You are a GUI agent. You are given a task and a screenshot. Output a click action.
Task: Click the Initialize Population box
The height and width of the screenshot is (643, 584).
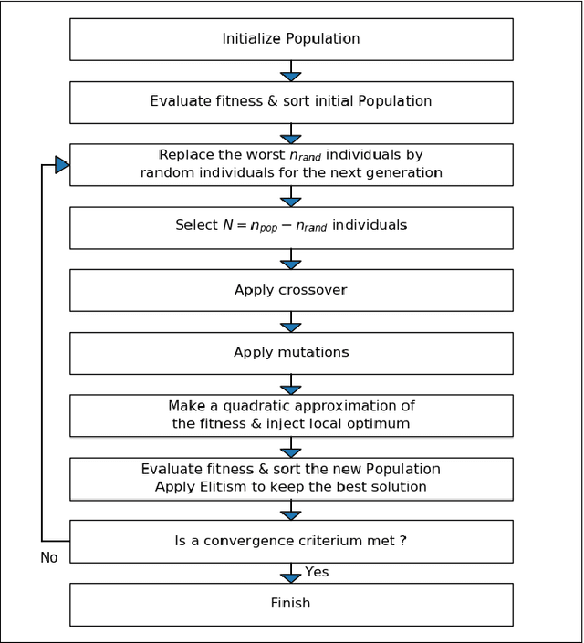pyautogui.click(x=291, y=39)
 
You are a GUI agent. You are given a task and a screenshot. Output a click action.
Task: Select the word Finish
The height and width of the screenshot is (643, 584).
pyautogui.click(x=290, y=603)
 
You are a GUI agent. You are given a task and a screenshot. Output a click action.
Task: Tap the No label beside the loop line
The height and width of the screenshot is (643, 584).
pyautogui.click(x=49, y=557)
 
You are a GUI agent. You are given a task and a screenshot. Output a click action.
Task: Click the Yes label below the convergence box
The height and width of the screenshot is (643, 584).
pyautogui.click(x=317, y=572)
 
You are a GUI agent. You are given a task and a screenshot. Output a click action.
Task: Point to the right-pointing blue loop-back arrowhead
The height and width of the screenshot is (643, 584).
pyautogui.click(x=62, y=165)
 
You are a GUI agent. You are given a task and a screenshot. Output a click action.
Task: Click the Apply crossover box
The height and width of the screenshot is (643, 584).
pyautogui.click(x=291, y=290)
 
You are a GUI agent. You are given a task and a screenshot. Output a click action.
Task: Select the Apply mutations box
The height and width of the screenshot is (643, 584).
pyautogui.click(x=291, y=352)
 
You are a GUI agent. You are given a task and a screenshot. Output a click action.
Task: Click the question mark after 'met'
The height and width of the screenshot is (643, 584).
pyautogui.click(x=402, y=541)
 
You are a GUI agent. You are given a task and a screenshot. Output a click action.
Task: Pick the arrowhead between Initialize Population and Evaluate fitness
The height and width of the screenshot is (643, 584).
pyautogui.click(x=291, y=77)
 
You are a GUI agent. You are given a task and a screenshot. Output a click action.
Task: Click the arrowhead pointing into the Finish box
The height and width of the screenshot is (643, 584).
pyautogui.click(x=291, y=578)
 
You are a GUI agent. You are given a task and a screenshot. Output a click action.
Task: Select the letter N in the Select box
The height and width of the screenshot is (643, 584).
pyautogui.click(x=228, y=225)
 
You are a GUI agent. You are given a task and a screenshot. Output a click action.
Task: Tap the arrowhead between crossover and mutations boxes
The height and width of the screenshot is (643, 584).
pyautogui.click(x=291, y=327)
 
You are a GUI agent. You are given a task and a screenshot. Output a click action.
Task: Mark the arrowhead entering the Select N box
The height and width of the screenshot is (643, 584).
pyautogui.click(x=291, y=202)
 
